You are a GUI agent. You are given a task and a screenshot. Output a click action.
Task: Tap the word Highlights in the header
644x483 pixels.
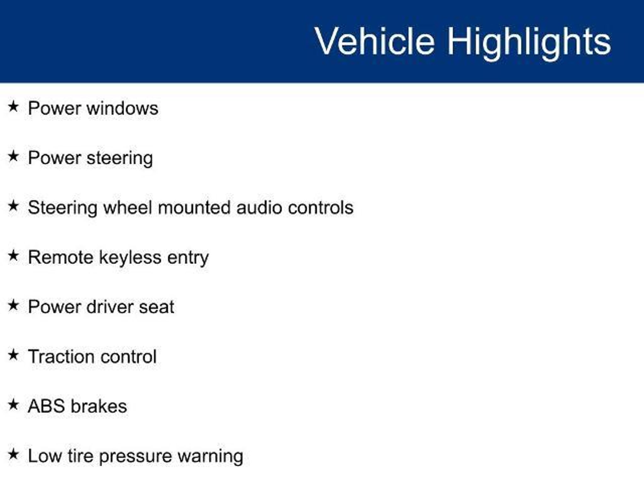(529, 44)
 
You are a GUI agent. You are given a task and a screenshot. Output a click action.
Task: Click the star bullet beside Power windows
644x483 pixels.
(13, 107)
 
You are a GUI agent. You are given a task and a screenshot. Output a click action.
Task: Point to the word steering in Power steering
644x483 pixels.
(120, 158)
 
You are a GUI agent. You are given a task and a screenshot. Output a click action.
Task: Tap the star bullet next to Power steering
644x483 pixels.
(13, 156)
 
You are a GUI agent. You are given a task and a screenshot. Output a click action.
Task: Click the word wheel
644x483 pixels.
(128, 208)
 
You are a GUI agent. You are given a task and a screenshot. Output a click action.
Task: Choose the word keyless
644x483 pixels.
(130, 258)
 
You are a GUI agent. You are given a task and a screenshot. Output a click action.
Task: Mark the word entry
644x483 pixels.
(188, 259)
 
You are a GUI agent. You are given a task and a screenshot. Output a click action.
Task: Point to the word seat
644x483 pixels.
(157, 308)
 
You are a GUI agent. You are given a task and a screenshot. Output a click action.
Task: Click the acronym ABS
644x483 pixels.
(47, 406)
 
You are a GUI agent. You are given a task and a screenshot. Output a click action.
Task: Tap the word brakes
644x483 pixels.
(99, 406)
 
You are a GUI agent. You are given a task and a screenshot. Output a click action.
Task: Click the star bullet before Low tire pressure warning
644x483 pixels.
(13, 454)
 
